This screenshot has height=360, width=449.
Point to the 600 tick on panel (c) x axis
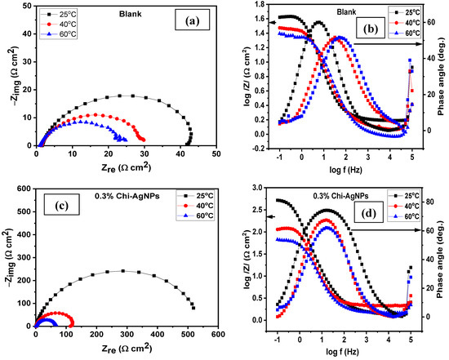coord(217,335)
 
